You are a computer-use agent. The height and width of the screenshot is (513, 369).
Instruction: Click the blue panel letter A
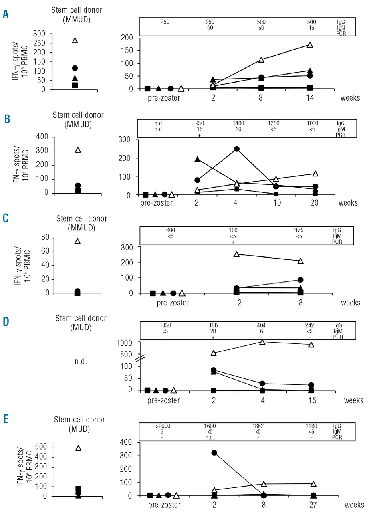[x=6, y=15]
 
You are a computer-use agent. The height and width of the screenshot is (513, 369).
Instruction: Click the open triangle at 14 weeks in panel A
[x=309, y=45]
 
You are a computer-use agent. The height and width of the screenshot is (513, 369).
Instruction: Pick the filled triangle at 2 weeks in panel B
[x=197, y=159]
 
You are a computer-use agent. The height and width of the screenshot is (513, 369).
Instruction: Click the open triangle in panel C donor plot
[x=77, y=241]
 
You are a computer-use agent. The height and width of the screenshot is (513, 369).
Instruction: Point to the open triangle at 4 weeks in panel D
[x=262, y=341]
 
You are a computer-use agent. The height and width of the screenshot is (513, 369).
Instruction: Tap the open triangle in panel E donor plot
[x=79, y=448]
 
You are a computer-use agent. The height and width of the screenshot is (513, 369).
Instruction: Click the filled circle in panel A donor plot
[x=75, y=68]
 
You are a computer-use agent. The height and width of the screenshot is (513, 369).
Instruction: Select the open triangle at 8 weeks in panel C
[x=300, y=261]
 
